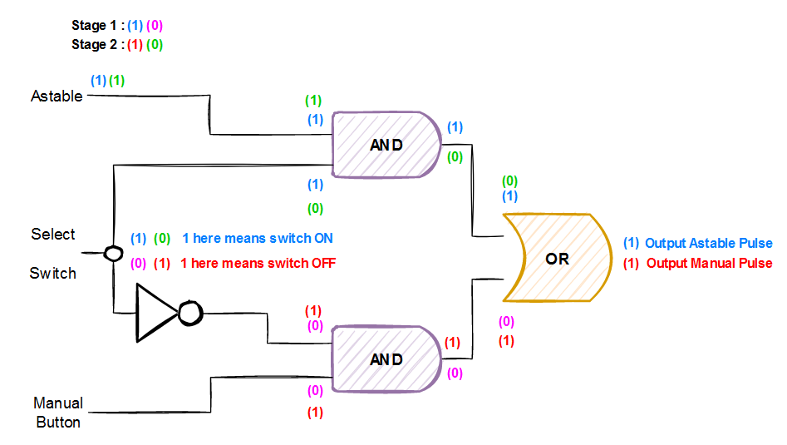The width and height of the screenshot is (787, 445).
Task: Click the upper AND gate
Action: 386,145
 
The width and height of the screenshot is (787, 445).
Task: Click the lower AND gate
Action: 386,359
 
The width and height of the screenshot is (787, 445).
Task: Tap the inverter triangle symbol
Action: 156,313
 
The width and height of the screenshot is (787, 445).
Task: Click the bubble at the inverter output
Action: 190,314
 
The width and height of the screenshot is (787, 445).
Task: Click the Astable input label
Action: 57,96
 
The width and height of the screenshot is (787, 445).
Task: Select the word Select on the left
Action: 53,235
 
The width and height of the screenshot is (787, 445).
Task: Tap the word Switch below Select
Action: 53,273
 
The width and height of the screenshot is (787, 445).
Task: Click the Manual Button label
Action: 58,413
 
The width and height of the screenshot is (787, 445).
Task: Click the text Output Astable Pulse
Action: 708,244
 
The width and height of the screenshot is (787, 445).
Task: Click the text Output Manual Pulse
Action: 709,264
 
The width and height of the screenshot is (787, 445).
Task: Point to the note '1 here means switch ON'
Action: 258,239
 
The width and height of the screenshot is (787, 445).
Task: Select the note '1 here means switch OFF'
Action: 258,264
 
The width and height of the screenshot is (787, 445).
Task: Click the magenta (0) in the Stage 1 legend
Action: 155,27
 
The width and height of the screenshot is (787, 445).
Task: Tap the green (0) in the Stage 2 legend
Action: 155,45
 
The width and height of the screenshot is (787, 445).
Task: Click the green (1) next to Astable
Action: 117,81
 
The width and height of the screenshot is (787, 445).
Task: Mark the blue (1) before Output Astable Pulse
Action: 632,244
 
